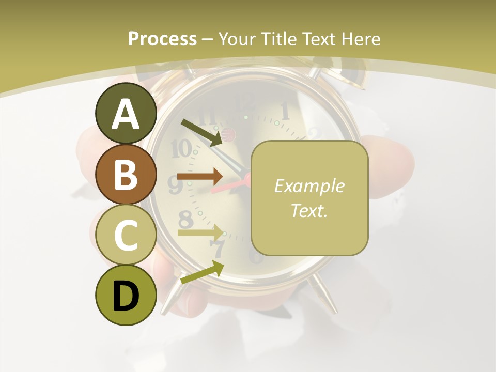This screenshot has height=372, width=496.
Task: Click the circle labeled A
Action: pos(126,114)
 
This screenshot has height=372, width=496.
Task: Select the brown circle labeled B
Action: pos(126,175)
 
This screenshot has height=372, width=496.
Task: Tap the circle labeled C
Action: pos(126,235)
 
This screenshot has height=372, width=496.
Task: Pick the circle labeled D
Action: pos(126,296)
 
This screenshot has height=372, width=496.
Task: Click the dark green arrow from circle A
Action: pos(202,132)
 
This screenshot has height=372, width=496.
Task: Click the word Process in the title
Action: pos(162,39)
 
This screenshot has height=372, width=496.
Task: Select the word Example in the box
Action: pos(309,186)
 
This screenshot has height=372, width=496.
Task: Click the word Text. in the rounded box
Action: pos(309,211)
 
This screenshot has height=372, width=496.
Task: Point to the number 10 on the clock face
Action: pos(181,149)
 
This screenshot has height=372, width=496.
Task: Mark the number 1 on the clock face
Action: pos(285,110)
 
